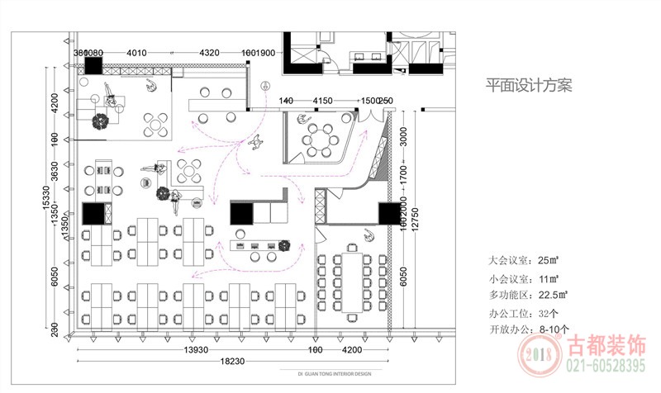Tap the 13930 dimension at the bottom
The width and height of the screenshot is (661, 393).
196,350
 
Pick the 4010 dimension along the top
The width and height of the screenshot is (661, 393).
136,53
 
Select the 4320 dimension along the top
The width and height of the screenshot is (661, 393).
209,53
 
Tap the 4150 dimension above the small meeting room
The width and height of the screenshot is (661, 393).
322,101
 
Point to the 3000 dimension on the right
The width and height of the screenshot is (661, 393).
404,135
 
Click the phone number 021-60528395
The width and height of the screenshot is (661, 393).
606,365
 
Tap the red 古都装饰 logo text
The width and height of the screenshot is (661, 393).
607,344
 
